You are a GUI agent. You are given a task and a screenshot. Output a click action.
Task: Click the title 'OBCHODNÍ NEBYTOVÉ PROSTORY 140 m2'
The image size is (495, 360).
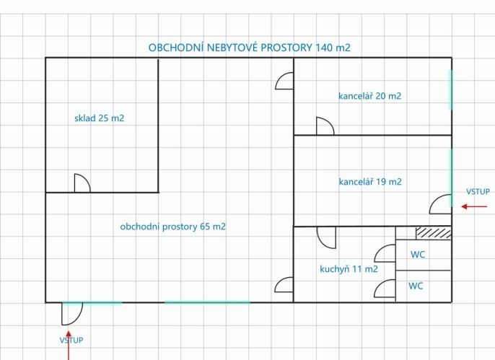(250, 48)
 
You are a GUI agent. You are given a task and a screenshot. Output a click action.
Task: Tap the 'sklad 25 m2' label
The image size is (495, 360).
(99, 118)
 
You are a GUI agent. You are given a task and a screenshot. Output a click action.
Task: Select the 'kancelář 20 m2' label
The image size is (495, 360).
(369, 96)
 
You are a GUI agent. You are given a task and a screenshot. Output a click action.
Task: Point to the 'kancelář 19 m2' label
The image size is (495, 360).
(370, 182)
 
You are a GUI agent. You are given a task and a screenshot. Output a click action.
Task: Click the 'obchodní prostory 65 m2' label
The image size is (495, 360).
(173, 227)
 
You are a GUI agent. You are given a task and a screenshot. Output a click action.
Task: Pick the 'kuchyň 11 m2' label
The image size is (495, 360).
(349, 269)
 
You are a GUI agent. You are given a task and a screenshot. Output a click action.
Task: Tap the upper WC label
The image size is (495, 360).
(418, 255)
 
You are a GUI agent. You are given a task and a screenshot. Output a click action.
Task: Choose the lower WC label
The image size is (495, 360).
(416, 286)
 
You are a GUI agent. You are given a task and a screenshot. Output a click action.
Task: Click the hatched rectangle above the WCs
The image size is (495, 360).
(434, 233)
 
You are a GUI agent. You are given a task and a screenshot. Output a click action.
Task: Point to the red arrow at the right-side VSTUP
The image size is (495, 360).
(474, 206)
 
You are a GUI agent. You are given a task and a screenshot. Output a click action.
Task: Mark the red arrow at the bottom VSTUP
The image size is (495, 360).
(68, 345)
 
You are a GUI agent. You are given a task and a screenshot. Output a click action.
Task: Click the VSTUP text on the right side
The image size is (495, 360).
(478, 191)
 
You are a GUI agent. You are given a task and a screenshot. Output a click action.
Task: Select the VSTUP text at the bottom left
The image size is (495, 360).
(71, 340)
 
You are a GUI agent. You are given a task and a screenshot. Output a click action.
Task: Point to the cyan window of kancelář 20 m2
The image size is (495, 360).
(451, 90)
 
